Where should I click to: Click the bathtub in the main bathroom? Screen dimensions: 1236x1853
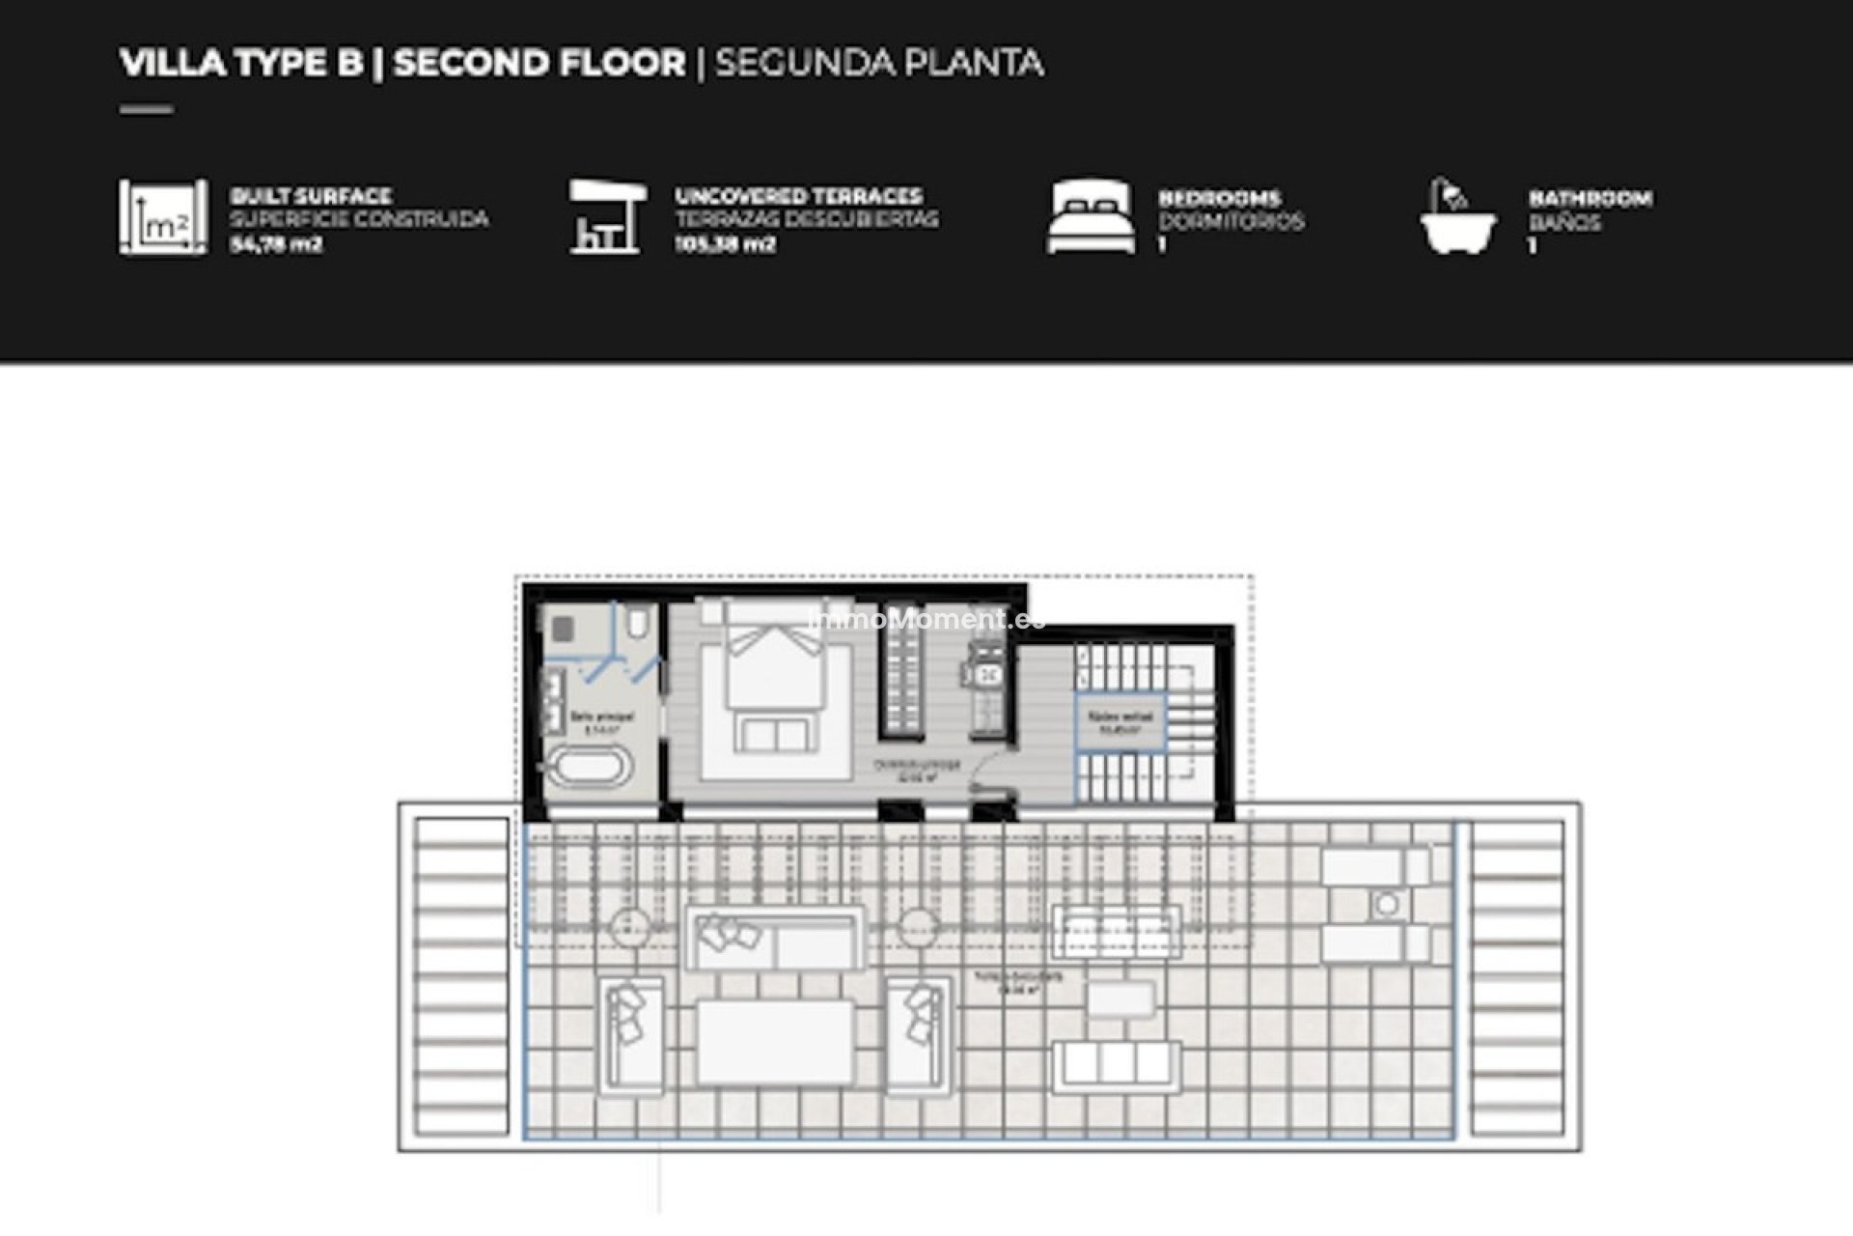[590, 769]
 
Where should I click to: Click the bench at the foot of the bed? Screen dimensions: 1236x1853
[775, 734]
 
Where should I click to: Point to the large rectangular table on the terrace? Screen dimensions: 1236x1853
[775, 1042]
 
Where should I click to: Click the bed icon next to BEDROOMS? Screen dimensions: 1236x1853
[1091, 217]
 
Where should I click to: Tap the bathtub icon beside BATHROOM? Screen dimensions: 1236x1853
[1457, 217]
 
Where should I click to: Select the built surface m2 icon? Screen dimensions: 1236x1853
[162, 217]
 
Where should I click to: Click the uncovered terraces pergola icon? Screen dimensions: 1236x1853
[605, 217]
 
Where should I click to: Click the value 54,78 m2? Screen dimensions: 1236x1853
[275, 245]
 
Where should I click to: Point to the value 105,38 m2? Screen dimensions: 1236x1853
[725, 245]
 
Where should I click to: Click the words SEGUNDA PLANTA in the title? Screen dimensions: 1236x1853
[878, 64]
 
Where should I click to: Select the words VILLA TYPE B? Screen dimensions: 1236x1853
[241, 64]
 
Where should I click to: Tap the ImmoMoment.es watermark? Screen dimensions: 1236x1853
[926, 619]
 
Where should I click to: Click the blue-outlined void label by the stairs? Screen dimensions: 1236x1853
[1120, 723]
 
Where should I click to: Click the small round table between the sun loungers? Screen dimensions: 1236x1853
[1387, 905]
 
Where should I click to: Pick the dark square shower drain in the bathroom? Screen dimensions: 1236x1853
[562, 630]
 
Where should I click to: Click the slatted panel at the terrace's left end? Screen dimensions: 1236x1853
[461, 975]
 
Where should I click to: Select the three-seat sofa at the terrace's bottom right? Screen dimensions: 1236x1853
[1117, 1065]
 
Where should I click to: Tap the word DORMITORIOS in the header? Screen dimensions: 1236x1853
[1231, 222]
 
